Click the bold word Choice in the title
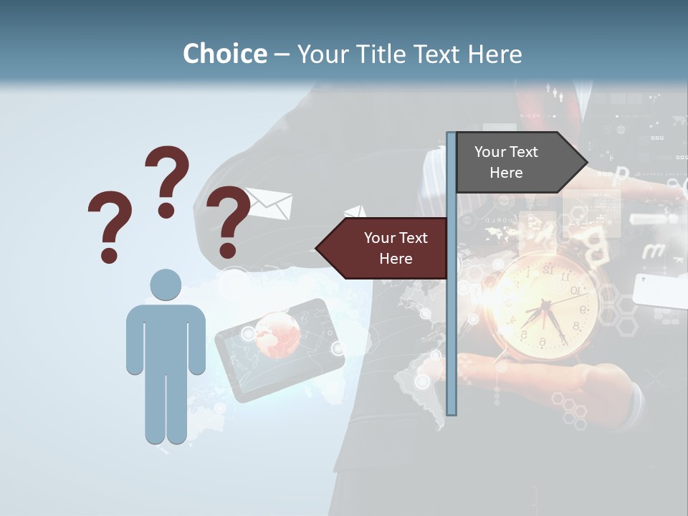224,54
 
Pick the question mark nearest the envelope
228,221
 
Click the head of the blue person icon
166,285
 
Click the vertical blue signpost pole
451,322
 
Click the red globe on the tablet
276,334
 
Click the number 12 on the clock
548,270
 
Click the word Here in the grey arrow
506,173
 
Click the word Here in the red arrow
395,259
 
